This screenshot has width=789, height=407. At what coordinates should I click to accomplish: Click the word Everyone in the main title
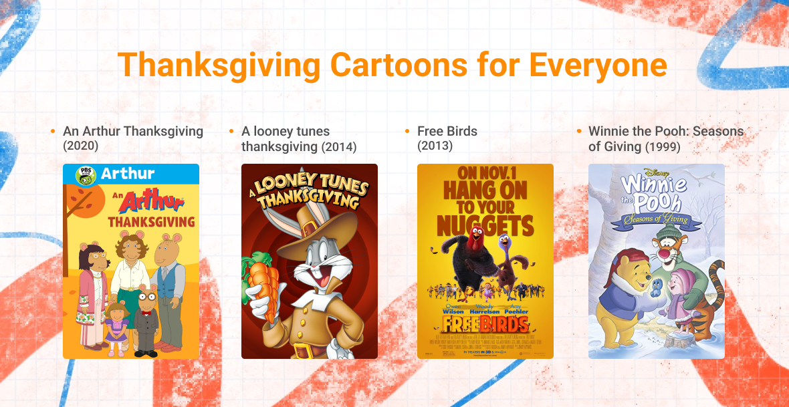[x=598, y=65]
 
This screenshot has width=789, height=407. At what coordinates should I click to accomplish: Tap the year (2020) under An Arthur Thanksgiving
[x=81, y=146]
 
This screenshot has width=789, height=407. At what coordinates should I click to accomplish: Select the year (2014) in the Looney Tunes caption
[x=339, y=146]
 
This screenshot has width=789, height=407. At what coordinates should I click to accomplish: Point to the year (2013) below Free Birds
[x=435, y=146]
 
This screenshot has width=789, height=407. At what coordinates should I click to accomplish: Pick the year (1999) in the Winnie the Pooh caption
[x=662, y=146]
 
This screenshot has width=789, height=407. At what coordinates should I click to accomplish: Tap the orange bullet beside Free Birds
[x=407, y=131]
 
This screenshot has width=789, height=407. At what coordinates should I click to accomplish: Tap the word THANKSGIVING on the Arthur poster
[x=151, y=221]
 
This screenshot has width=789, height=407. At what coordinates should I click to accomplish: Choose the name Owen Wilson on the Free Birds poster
[x=453, y=309]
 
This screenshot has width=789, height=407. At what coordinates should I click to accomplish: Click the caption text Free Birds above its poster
[x=447, y=131]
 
